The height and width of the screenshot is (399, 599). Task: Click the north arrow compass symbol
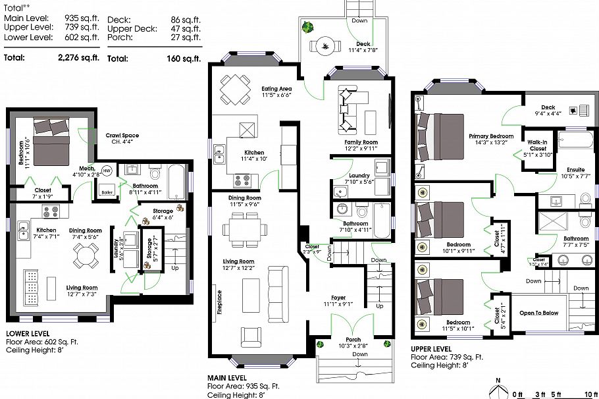(x=498, y=385)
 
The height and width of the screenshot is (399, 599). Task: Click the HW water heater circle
(x=107, y=171)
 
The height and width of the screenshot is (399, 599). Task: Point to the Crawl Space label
(x=122, y=136)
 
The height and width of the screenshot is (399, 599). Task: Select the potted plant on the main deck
(x=307, y=27)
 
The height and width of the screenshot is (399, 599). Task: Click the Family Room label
(x=361, y=142)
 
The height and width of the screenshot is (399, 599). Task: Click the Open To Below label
(x=540, y=313)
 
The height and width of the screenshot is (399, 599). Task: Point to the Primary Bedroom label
(x=491, y=136)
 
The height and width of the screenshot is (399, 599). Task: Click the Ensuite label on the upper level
(x=573, y=170)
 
